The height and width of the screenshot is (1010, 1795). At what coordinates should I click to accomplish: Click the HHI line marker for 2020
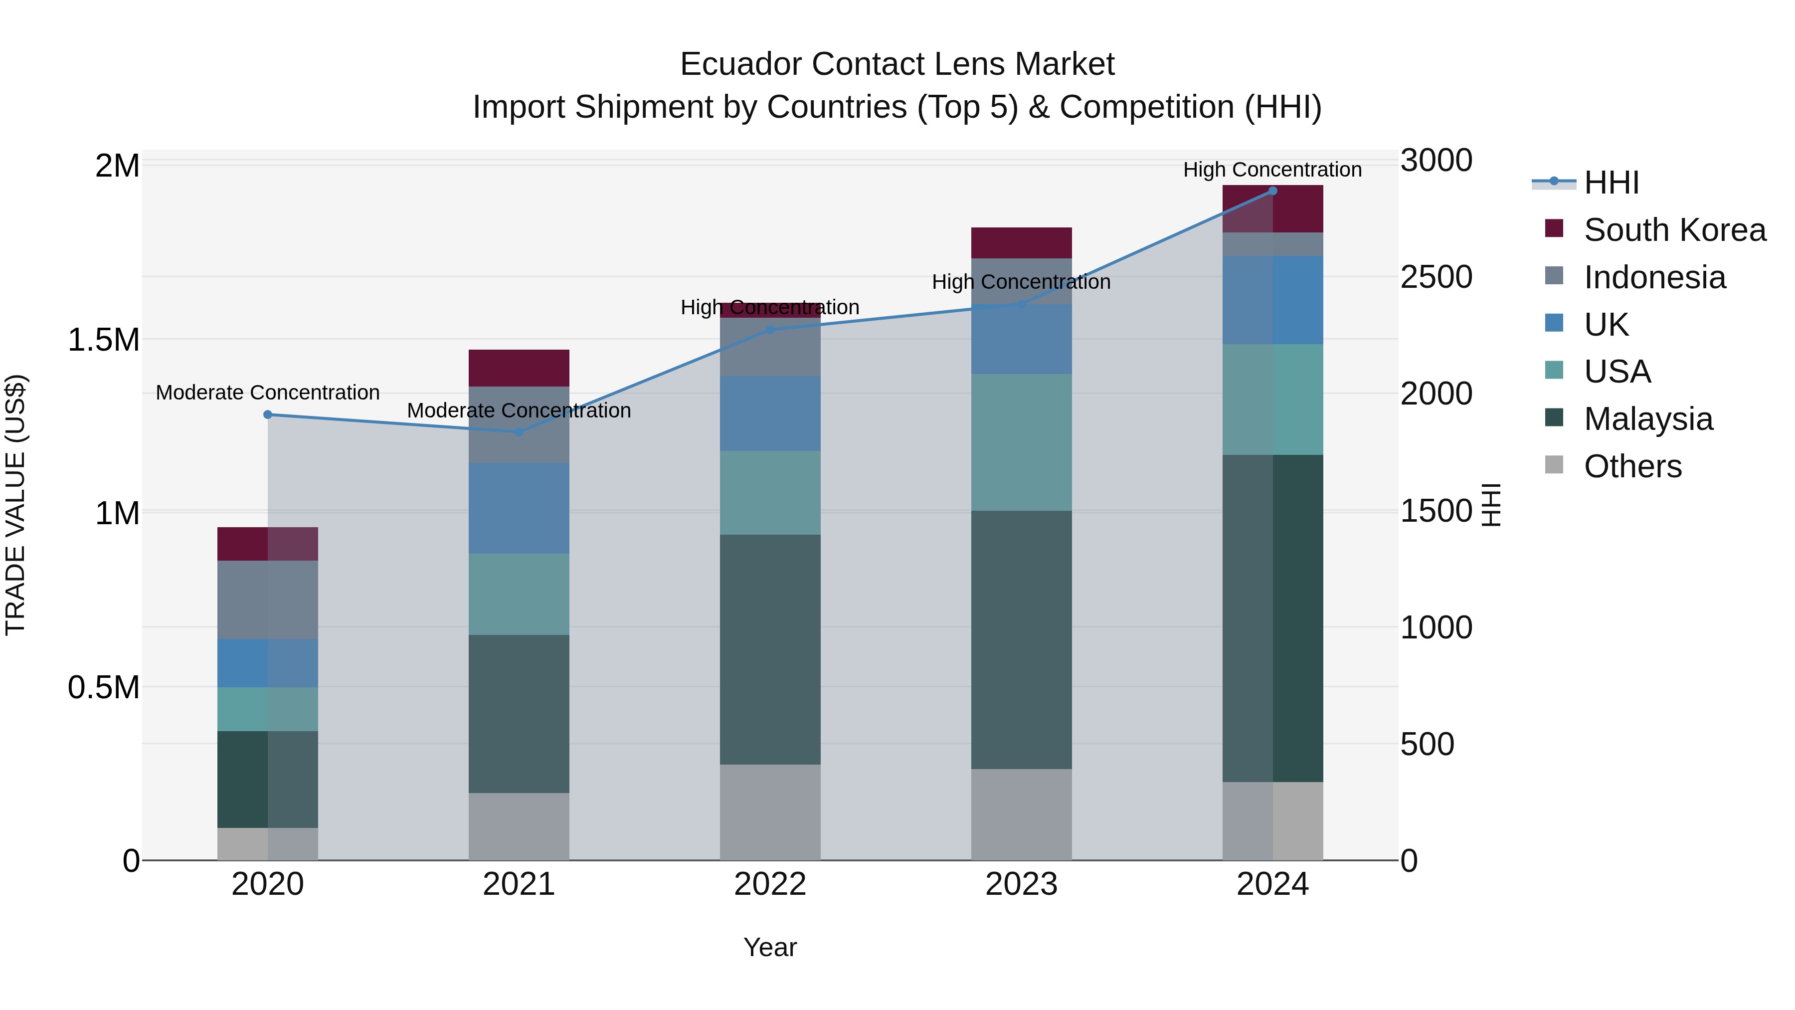[268, 415]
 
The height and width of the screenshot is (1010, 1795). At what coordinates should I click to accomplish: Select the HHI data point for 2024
[1272, 191]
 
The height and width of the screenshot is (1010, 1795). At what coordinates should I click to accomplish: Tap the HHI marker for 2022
[770, 330]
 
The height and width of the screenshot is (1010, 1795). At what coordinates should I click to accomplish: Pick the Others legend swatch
[1554, 465]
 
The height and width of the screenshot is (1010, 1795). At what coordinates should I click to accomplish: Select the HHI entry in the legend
[1611, 183]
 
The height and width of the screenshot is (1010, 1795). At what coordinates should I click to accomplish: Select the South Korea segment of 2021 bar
[519, 368]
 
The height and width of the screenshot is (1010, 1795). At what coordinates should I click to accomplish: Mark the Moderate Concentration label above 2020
[268, 393]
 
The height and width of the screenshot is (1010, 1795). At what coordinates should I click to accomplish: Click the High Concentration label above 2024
[1272, 170]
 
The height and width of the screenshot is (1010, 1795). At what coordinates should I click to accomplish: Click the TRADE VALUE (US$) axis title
[15, 505]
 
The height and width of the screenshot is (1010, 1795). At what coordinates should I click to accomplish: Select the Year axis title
[770, 947]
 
